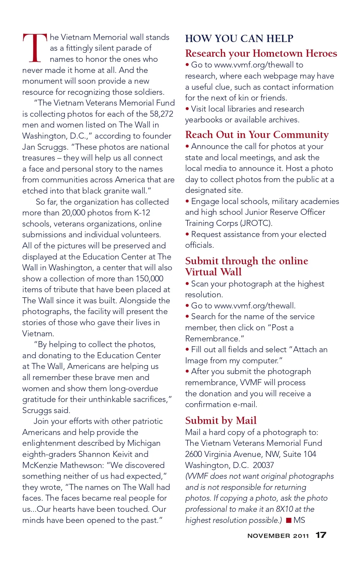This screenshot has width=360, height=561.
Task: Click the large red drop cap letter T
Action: [x=35, y=48]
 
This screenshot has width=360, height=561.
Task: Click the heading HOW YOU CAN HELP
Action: [x=239, y=39]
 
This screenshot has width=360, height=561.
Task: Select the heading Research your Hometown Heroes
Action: [x=261, y=53]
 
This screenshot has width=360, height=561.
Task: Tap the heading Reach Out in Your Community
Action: [x=257, y=135]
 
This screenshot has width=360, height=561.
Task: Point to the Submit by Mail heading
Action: [x=221, y=421]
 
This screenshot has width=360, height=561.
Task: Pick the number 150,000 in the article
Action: [x=149, y=279]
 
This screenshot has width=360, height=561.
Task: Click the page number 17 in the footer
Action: [x=321, y=535]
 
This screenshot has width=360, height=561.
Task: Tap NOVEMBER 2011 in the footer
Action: [x=278, y=536]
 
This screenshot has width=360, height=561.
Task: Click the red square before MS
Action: [x=289, y=520]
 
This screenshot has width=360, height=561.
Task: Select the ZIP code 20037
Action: [x=263, y=465]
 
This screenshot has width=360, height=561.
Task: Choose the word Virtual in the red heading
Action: [x=201, y=272]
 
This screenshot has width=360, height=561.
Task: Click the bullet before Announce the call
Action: [x=187, y=146]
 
